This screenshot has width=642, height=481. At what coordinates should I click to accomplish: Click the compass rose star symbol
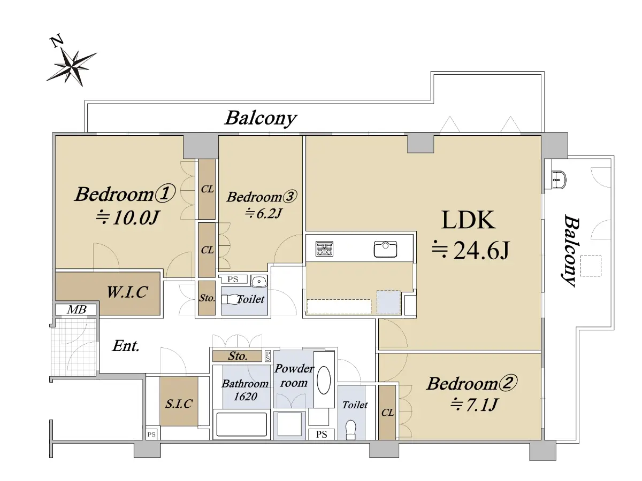point(72,67)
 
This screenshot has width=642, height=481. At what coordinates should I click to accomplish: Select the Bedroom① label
point(125,193)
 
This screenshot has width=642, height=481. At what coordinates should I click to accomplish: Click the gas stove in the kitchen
point(324,249)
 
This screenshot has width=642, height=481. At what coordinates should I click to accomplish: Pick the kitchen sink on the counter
point(385,249)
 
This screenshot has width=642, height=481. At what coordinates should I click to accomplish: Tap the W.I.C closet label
point(127,292)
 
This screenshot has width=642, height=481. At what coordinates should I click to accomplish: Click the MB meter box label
point(77,309)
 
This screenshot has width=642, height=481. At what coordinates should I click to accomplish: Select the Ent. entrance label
point(126,346)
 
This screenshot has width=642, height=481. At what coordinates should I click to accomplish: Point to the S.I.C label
point(179,404)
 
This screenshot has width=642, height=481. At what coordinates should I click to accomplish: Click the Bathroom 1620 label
point(245,390)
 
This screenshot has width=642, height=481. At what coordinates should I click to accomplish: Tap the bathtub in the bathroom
point(241,424)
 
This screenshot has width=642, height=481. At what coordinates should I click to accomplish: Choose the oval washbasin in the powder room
point(324,380)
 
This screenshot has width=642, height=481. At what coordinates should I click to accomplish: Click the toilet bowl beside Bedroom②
point(350,429)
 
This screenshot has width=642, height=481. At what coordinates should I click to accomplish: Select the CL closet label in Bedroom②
point(387,413)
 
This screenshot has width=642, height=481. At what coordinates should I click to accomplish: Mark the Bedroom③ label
point(262,197)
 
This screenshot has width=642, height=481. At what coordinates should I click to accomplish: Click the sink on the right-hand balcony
point(559,180)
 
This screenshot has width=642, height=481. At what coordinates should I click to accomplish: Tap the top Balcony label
point(261,119)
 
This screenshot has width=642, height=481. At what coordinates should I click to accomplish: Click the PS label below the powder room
point(322,435)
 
